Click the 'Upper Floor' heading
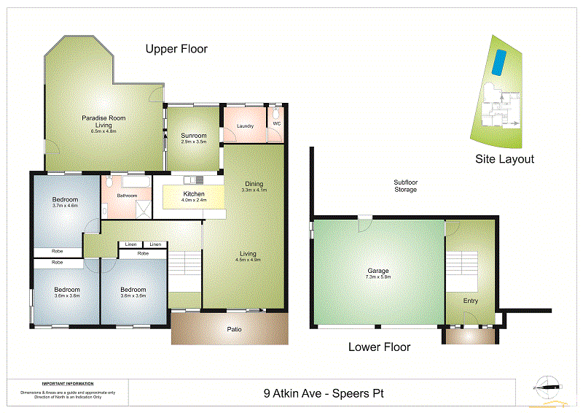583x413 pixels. (176, 49)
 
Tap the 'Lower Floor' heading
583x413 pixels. (379, 347)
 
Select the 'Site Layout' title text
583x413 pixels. (504, 159)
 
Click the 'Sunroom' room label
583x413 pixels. (194, 136)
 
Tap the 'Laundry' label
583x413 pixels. (245, 126)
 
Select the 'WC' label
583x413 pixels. (276, 124)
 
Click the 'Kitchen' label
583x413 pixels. (193, 193)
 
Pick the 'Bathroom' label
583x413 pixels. (128, 196)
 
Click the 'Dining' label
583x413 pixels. (254, 183)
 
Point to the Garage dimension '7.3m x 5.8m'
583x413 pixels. (378, 277)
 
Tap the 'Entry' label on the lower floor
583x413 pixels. (471, 300)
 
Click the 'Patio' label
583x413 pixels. (232, 329)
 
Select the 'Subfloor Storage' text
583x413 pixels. (405, 186)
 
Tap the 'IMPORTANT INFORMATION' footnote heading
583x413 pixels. (67, 384)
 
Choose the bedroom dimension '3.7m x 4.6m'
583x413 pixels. (65, 206)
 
